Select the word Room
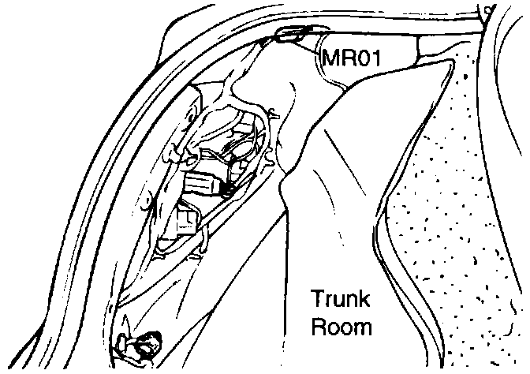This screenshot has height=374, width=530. pyautogui.click(x=342, y=327)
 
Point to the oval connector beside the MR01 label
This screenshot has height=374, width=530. pyautogui.click(x=293, y=34)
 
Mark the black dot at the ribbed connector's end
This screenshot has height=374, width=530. pyautogui.click(x=227, y=189)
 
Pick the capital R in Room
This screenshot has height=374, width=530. pyautogui.click(x=319, y=327)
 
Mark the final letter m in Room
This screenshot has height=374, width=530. pyautogui.click(x=363, y=327)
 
